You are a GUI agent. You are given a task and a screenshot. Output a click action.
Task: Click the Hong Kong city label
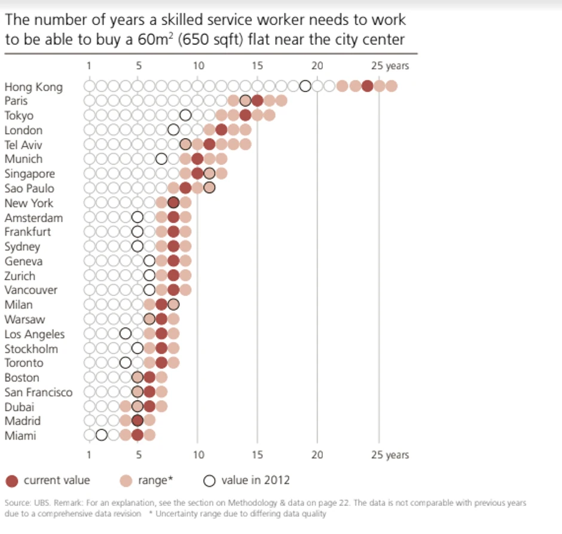click(x=33, y=87)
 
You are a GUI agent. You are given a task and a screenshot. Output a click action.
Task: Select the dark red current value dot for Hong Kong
click(x=367, y=86)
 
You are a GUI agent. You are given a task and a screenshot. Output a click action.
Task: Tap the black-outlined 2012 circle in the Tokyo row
click(x=185, y=115)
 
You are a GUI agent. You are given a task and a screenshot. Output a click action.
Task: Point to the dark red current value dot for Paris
click(x=258, y=100)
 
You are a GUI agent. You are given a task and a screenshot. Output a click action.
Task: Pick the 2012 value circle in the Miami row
click(x=102, y=435)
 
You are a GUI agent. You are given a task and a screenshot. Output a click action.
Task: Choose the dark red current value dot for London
click(x=221, y=130)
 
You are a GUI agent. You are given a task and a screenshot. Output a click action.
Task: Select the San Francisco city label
click(x=38, y=392)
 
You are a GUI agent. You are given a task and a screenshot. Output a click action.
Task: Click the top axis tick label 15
click(x=257, y=66)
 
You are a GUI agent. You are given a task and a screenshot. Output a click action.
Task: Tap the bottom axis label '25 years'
click(x=390, y=455)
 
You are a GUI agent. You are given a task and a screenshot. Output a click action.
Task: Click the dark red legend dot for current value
click(x=11, y=481)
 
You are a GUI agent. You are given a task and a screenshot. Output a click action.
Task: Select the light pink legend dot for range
click(x=126, y=481)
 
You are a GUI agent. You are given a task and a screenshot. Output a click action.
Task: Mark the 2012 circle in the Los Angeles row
click(x=126, y=334)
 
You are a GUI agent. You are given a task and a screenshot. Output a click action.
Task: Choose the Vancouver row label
click(x=31, y=290)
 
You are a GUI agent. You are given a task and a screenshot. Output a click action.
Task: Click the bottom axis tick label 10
click(x=198, y=455)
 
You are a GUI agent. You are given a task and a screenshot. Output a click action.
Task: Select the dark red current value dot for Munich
click(x=197, y=159)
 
